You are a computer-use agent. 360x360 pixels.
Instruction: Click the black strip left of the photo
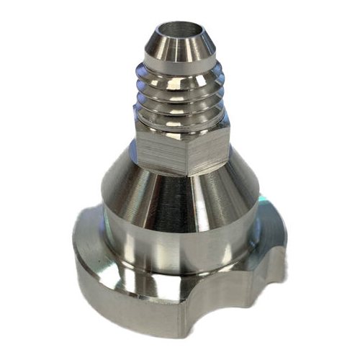tap(25, 180)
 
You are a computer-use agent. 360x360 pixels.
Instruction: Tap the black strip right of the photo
tap(334, 180)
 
